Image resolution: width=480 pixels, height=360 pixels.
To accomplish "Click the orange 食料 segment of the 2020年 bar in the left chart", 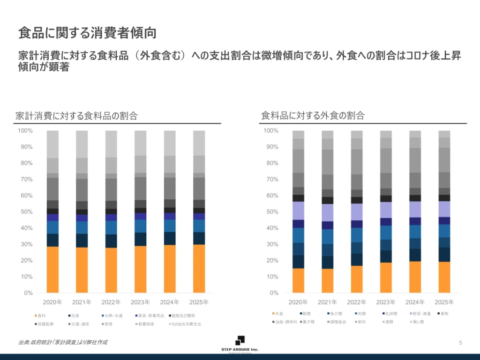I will pyautogui.click(x=52, y=270).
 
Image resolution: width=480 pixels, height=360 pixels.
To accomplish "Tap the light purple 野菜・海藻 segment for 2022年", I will pyautogui.click(x=357, y=212).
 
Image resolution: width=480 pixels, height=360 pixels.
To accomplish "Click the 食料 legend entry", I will pyautogui.click(x=41, y=315).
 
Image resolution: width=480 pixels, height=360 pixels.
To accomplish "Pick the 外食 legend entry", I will pyautogui.click(x=278, y=313).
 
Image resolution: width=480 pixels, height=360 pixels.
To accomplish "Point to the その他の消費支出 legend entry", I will pyautogui.click(x=186, y=324).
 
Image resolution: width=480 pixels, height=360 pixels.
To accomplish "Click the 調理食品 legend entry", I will pyautogui.click(x=338, y=322).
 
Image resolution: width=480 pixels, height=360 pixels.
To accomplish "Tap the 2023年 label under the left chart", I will pyautogui.click(x=141, y=302).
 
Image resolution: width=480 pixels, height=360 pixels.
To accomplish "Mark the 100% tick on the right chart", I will pyautogui.click(x=271, y=130).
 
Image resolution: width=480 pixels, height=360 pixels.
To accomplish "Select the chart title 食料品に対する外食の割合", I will pyautogui.click(x=313, y=115).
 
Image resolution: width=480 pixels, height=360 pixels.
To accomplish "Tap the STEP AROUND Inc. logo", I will pyautogui.click(x=240, y=344).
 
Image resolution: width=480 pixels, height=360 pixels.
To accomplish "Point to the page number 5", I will pyautogui.click(x=460, y=343).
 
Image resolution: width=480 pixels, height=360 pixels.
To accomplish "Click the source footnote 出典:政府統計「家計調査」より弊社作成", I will pyautogui.click(x=62, y=342).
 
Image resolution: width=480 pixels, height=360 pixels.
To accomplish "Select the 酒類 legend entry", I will pyautogui.click(x=387, y=322).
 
